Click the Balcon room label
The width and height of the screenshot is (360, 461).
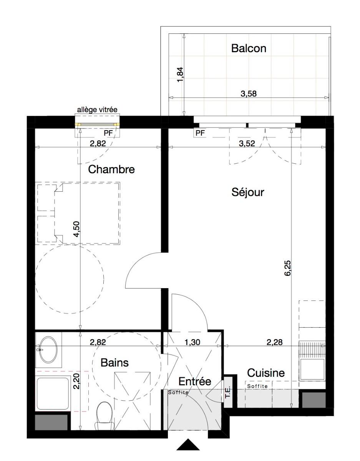coord(249,48)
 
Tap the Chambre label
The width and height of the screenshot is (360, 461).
coord(111,169)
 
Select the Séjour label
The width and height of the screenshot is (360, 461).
coord(247,192)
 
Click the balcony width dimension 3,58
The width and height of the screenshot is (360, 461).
coord(249,94)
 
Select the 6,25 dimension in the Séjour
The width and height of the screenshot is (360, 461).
coord(288,268)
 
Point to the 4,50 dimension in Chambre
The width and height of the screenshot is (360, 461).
coord(76,229)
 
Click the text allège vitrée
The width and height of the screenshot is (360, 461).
coord(97,110)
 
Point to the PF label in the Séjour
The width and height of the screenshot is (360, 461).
coord(200,133)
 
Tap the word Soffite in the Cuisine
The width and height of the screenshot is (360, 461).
coord(257,386)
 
